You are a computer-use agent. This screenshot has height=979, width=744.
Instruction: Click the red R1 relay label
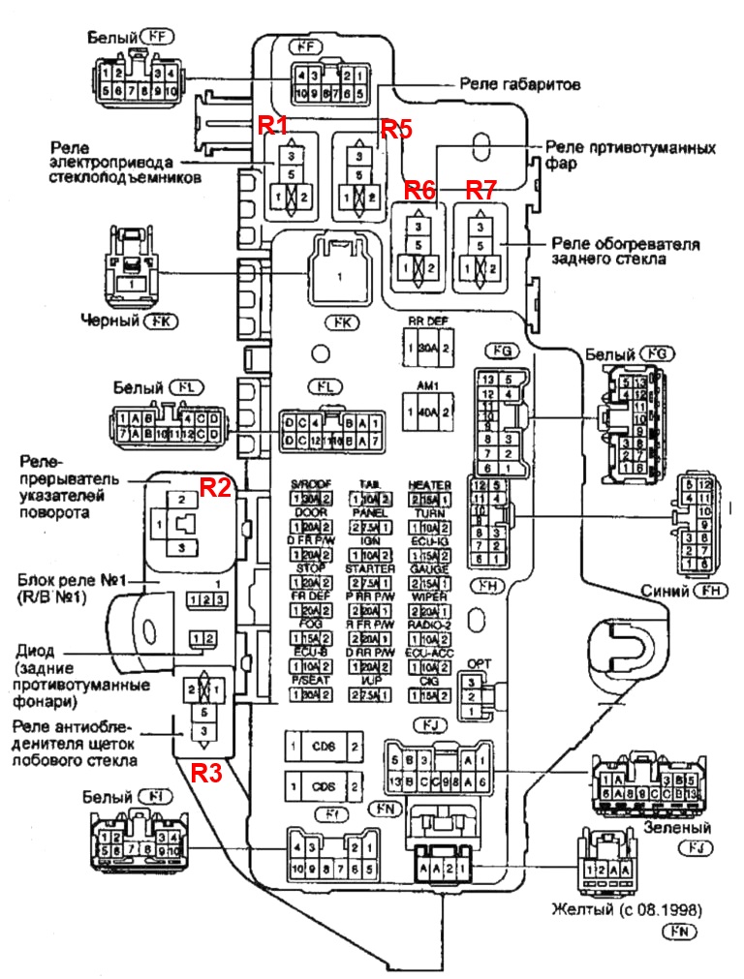click(271, 124)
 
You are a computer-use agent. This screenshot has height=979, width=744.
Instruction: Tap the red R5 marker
click(395, 128)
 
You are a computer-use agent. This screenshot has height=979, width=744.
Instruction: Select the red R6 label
click(420, 189)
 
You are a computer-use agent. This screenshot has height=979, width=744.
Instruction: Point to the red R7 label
click(480, 189)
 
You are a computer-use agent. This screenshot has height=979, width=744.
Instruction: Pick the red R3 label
click(206, 773)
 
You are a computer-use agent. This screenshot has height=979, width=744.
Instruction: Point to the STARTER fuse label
click(369, 568)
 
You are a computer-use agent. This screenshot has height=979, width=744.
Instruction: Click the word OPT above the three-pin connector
click(480, 663)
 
